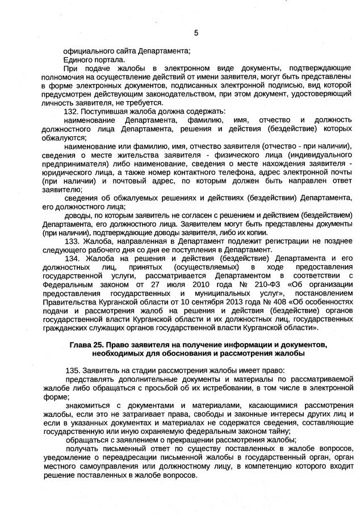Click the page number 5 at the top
[196, 32]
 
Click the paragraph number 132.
[71, 111]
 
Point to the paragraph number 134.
[71, 258]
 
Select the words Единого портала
[94, 59]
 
